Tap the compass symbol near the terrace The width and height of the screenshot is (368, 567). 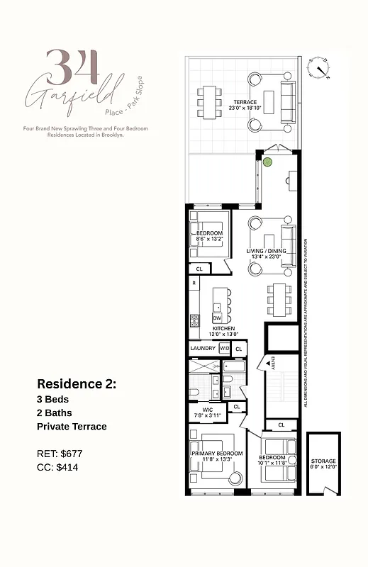(319, 67)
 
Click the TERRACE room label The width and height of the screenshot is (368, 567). (245, 102)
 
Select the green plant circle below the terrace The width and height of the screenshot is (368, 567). (267, 162)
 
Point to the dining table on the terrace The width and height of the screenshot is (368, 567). (208, 102)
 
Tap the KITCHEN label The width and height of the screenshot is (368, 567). (223, 330)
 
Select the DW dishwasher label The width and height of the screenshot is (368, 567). (217, 318)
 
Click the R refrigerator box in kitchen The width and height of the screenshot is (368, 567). (194, 283)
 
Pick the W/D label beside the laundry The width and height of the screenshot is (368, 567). (223, 349)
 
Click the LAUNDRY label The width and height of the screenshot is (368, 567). (202, 349)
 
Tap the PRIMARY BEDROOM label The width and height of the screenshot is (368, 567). (217, 453)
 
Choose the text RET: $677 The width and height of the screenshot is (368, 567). (60, 452)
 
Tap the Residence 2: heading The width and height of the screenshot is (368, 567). (77, 383)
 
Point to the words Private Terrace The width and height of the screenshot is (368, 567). (72, 427)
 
